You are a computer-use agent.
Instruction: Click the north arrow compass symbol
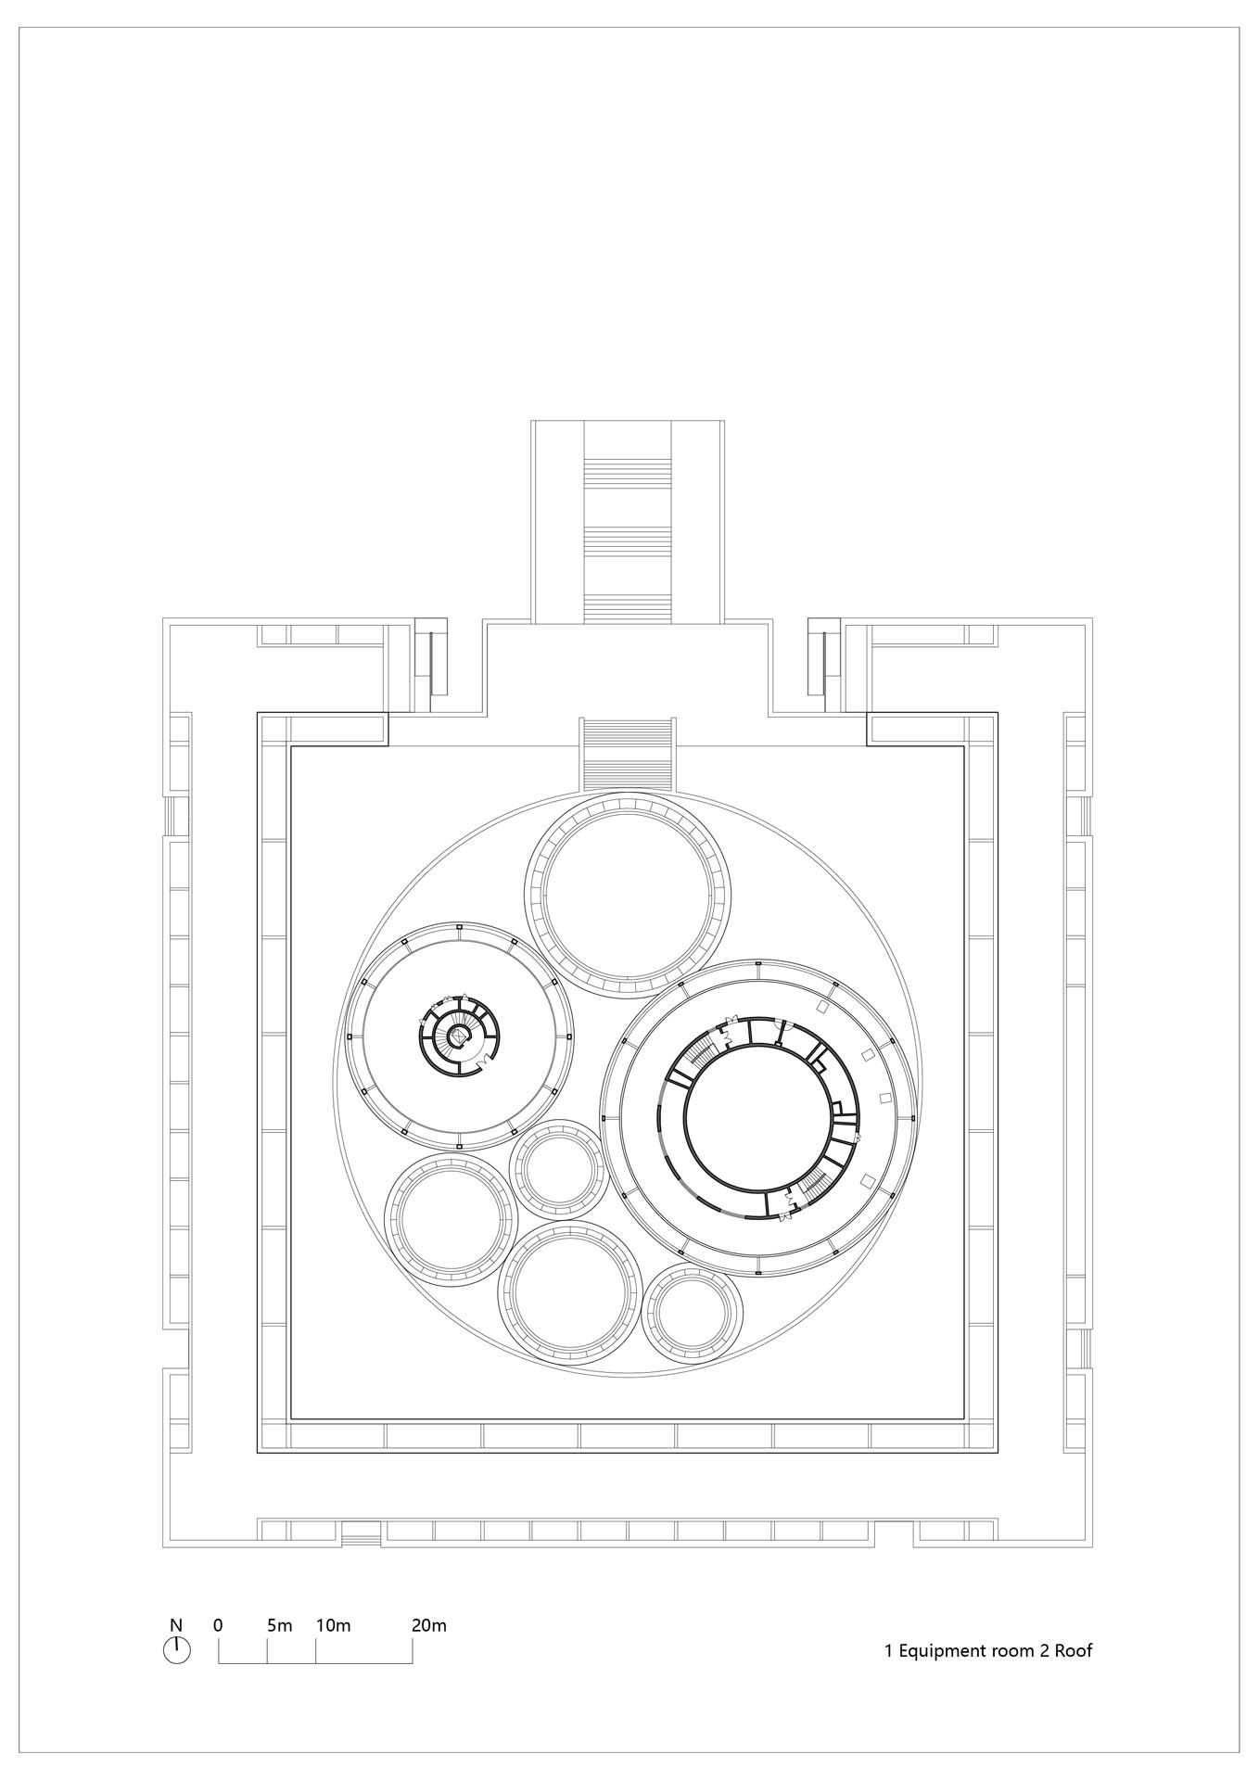coord(176,1649)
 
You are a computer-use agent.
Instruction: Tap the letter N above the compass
coord(176,1624)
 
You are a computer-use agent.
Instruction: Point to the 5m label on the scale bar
coord(279,1625)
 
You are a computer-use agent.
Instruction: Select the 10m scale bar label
coord(333,1625)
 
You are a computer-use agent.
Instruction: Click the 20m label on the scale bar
coord(429,1625)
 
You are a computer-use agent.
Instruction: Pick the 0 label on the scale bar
coord(218,1625)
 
